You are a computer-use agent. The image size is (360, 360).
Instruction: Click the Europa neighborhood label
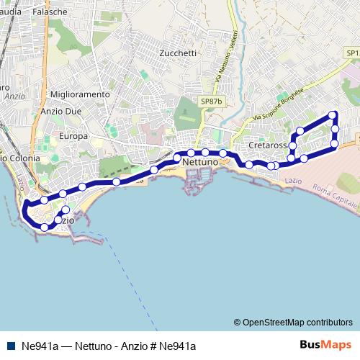click(x=73, y=136)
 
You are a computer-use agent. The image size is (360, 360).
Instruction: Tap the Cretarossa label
click(x=267, y=145)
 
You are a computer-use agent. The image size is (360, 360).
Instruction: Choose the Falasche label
click(x=70, y=13)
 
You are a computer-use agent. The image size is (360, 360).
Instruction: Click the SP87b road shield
click(x=212, y=102)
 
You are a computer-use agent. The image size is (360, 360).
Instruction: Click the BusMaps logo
click(x=325, y=345)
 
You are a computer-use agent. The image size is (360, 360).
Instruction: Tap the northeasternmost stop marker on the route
click(x=333, y=115)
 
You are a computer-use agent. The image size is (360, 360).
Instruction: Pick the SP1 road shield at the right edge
click(x=351, y=53)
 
